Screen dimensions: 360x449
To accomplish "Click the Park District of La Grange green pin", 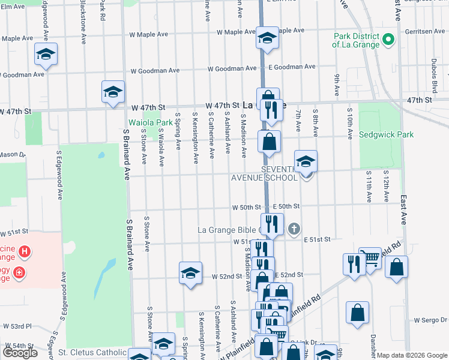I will click(388, 41).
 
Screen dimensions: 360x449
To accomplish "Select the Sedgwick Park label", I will click(386, 134).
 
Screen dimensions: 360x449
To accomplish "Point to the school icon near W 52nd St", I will click(190, 273).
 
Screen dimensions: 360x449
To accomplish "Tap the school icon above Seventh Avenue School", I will click(306, 161).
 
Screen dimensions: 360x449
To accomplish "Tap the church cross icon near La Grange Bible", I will click(294, 229).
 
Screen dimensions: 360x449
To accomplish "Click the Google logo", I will click(20, 352).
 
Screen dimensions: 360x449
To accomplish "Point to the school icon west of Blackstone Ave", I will click(46, 55).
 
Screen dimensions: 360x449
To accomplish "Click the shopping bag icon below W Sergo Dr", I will click(357, 313).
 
